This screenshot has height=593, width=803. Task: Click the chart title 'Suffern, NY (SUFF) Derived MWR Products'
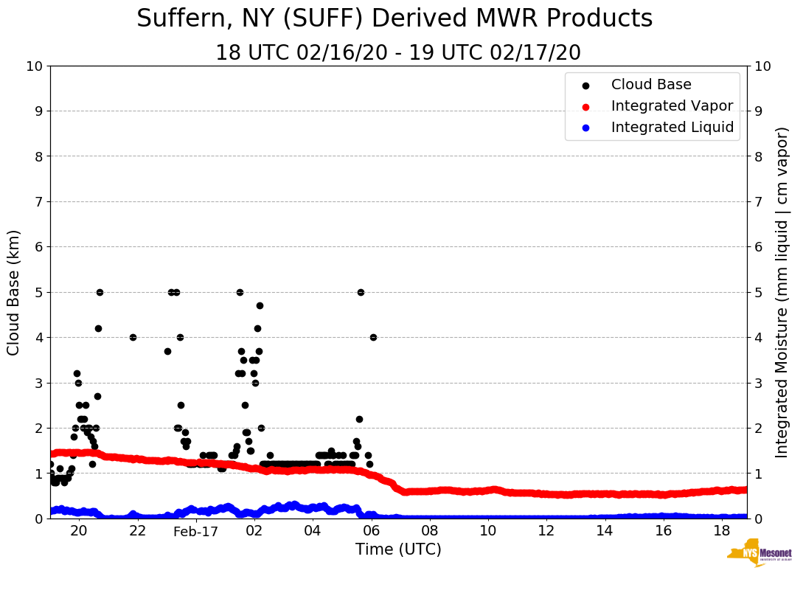pos(394,18)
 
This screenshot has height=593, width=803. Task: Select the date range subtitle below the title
pos(398,53)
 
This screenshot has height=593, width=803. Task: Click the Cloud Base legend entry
pos(651,85)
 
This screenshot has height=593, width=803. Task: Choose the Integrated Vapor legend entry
pos(672,106)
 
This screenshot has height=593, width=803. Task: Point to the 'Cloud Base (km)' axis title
pos(14,292)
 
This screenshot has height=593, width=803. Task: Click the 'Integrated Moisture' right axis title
pos(782,292)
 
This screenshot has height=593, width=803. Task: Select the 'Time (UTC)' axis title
pos(398,549)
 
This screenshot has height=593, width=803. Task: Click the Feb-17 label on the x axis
pos(196,531)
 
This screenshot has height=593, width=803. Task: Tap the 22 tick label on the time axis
pos(138,531)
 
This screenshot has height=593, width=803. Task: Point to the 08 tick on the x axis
pos(430,531)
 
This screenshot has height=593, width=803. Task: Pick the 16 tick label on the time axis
pos(663,531)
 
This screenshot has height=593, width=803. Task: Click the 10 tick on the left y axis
pos(34,66)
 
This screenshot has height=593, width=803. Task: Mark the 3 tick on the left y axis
pos(38,383)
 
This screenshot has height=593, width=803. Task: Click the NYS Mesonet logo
pos(759,554)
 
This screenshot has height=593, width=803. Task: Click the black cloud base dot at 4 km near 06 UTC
pos(373,337)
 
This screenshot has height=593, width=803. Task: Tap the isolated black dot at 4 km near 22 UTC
pos(133,337)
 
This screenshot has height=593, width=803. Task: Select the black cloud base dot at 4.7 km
pos(260,305)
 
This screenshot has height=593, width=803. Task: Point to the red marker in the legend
pos(585,106)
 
